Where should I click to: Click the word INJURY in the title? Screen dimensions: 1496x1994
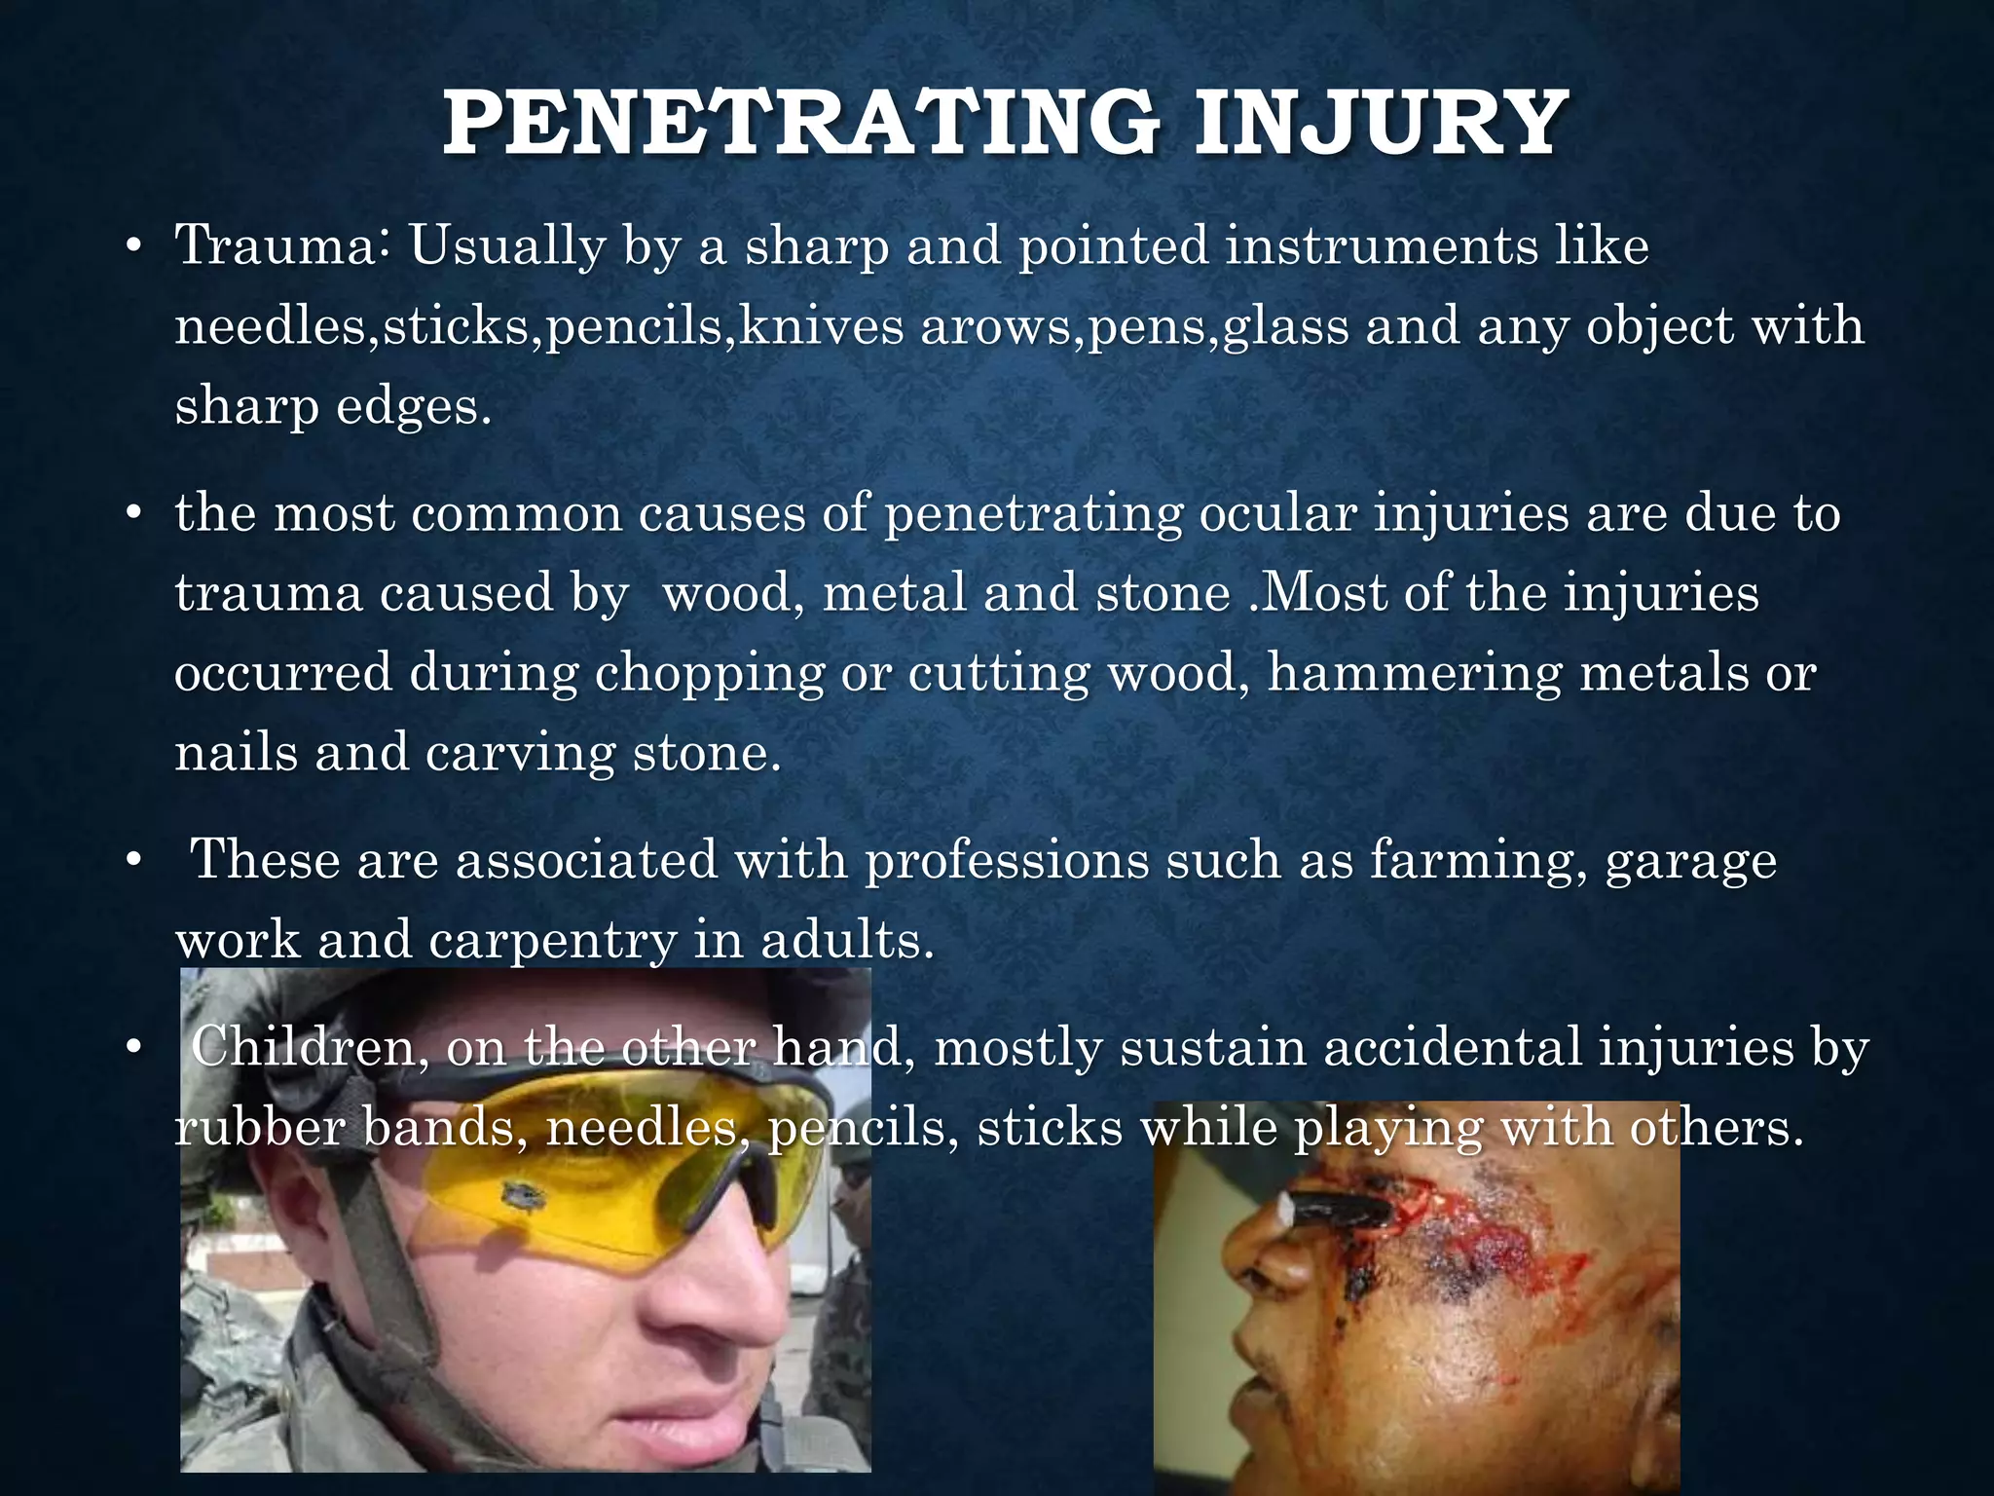click(1380, 124)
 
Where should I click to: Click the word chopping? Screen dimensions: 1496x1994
click(710, 673)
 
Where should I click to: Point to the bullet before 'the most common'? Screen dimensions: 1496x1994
click(134, 513)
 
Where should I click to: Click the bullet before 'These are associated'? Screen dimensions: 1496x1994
click(134, 860)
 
